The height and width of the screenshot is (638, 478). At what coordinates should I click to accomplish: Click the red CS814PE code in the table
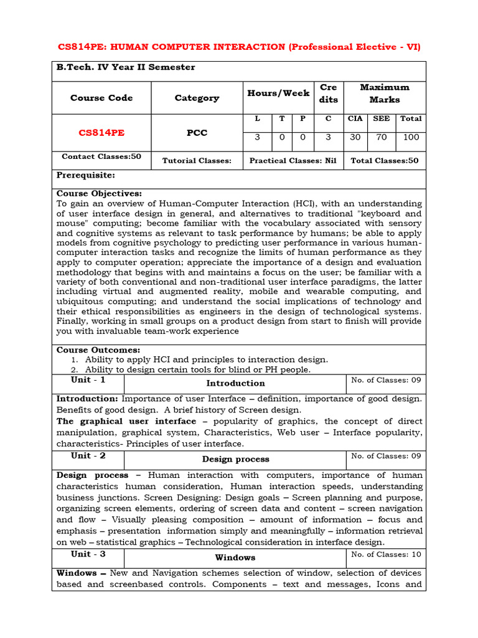[101, 133]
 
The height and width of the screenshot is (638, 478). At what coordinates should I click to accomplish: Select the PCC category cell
[197, 133]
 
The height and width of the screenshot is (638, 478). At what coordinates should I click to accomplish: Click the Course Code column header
[101, 98]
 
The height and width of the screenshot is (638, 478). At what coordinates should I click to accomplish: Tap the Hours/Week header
[278, 93]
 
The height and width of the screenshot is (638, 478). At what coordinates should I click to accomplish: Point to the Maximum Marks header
[385, 93]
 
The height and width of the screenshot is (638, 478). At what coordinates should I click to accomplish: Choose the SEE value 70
[382, 137]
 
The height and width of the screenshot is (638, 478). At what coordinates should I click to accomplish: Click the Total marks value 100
[411, 137]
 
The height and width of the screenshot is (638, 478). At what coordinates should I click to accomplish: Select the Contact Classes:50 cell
[101, 157]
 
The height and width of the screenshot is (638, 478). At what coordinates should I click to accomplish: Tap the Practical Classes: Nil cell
[293, 161]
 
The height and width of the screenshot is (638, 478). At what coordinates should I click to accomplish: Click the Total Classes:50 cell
[385, 161]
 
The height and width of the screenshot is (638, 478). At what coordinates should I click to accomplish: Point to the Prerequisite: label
[86, 176]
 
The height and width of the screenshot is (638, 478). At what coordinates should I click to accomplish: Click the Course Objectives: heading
[99, 194]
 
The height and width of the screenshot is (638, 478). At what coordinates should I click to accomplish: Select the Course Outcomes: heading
[98, 350]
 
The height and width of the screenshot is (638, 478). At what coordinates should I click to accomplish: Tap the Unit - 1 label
[88, 379]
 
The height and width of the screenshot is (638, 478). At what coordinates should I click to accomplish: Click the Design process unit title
[235, 459]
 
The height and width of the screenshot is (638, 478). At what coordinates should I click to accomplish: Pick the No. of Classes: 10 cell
[386, 554]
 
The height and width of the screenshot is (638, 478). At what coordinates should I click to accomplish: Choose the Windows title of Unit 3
[235, 558]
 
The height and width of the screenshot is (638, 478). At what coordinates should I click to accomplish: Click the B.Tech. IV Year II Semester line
[126, 67]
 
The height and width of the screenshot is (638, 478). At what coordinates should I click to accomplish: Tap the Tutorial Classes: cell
[197, 161]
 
